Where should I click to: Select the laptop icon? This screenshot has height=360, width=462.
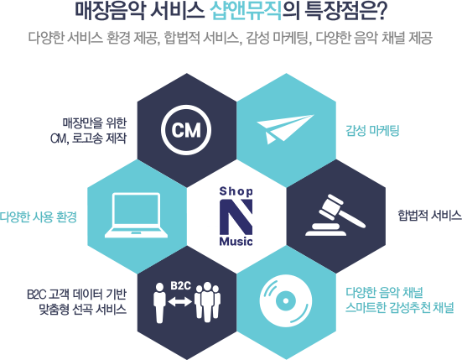[x=136, y=215]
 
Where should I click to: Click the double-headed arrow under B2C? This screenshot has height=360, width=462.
[x=180, y=301]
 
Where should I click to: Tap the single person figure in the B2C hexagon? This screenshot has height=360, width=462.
[x=159, y=303]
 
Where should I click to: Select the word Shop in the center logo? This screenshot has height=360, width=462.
[x=236, y=191]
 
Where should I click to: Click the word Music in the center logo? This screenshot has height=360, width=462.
[x=236, y=242]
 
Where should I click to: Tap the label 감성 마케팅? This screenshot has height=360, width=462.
[x=372, y=130]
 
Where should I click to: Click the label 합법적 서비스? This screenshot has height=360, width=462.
[x=429, y=215]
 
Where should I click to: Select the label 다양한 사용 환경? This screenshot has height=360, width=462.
[x=39, y=217]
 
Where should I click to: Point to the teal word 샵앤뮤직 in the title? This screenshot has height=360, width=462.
[x=247, y=12]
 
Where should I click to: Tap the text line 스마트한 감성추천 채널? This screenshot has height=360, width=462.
[x=399, y=308]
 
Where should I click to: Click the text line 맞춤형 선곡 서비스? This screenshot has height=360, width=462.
[x=83, y=310]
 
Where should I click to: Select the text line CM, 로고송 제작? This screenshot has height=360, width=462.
[x=88, y=138]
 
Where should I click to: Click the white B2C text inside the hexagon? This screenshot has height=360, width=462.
[x=180, y=285]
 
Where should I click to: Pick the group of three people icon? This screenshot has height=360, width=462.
[x=207, y=302]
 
